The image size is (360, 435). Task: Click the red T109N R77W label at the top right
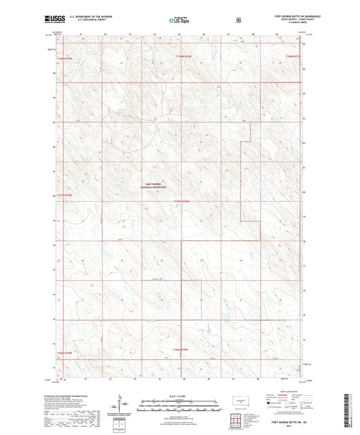[x=293, y=56]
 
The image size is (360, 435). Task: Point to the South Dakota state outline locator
[x=238, y=400]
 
